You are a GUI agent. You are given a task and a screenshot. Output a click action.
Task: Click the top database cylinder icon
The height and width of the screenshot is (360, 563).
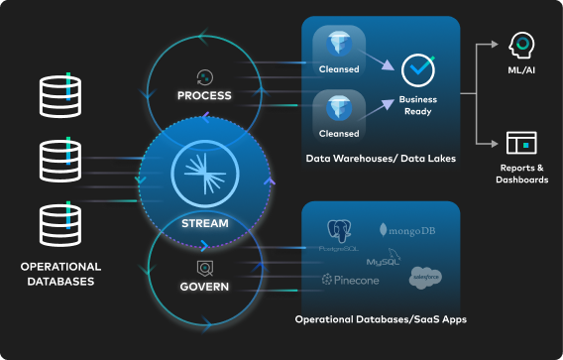(60, 93)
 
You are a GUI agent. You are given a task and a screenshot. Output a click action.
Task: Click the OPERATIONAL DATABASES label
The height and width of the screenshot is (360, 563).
(60, 274)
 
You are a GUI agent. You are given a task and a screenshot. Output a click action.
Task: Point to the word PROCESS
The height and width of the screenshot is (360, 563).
(204, 95)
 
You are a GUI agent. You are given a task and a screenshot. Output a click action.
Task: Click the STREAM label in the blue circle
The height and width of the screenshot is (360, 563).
(205, 223)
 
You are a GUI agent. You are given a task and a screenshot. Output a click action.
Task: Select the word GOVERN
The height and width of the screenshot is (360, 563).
(205, 287)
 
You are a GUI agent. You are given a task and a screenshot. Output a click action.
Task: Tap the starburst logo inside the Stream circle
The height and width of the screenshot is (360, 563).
(205, 174)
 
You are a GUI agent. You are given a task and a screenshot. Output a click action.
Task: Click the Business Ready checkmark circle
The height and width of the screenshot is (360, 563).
(417, 70)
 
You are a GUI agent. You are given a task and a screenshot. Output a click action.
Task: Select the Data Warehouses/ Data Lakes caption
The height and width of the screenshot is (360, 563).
(380, 159)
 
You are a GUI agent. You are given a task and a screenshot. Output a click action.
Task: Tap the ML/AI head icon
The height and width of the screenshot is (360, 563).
(521, 45)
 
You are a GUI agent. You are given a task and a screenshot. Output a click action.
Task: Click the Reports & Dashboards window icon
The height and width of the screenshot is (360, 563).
(521, 142)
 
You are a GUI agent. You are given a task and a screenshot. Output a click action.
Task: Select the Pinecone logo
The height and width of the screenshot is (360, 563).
(350, 281)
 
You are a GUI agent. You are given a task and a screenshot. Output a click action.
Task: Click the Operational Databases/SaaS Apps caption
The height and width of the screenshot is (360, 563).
(381, 318)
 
